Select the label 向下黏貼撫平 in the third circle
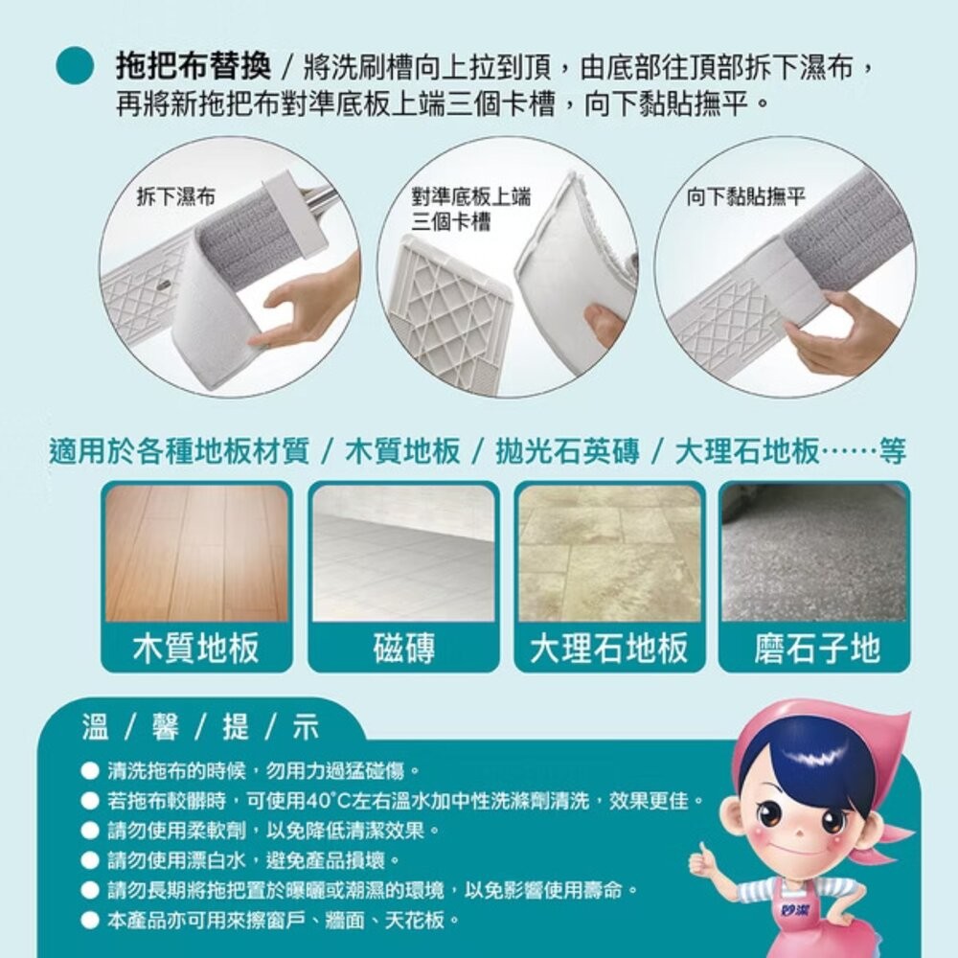pyautogui.click(x=746, y=197)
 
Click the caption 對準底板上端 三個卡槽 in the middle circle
pyautogui.click(x=470, y=209)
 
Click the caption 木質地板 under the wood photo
pyautogui.click(x=196, y=649)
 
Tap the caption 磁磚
pyautogui.click(x=403, y=649)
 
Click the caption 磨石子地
pyautogui.click(x=815, y=649)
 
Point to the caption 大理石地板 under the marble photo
pyautogui.click(x=609, y=649)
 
